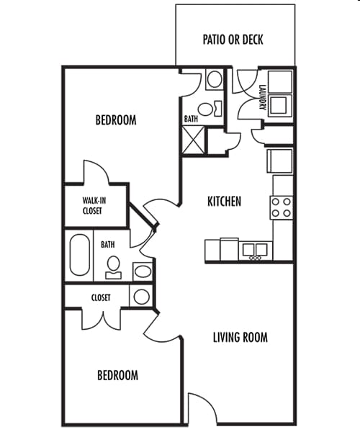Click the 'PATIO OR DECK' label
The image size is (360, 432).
tap(233, 39)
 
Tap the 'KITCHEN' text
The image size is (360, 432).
tap(224, 202)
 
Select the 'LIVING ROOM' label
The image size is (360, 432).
tap(240, 337)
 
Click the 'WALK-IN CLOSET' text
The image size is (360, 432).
tap(91, 206)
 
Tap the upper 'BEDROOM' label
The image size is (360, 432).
tap(115, 120)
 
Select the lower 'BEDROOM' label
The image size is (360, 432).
tap(117, 375)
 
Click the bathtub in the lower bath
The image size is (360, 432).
tap(78, 256)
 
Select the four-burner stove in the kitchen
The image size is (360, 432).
tap(282, 207)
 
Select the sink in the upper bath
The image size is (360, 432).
tap(215, 78)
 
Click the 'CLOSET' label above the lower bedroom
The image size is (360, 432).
tap(100, 297)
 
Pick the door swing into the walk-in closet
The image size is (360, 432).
tap(96, 173)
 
